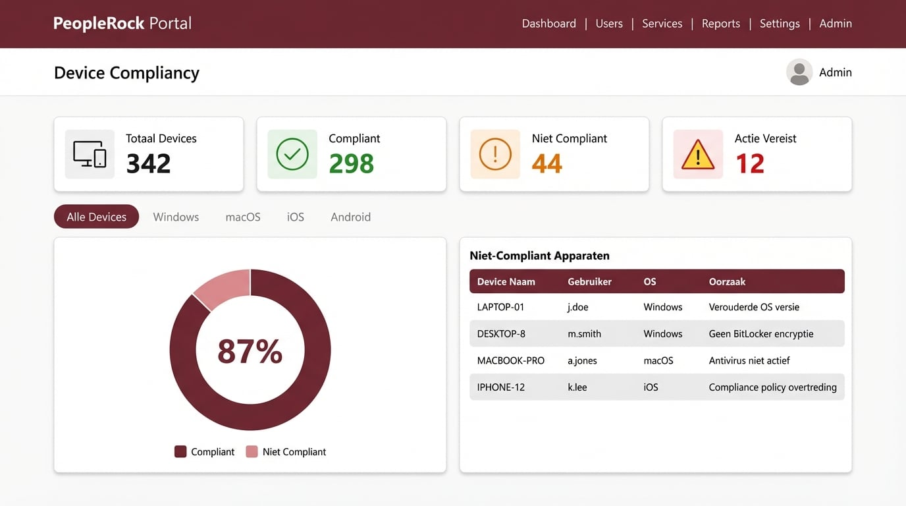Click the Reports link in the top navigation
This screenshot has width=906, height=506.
click(720, 24)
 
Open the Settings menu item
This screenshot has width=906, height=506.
click(779, 24)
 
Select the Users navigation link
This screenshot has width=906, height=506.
click(608, 24)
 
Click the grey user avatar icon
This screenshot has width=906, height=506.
click(799, 72)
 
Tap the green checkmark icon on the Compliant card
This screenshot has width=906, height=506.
click(292, 154)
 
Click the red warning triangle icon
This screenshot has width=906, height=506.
click(698, 155)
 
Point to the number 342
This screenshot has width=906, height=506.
click(148, 164)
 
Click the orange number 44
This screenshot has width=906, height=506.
click(546, 164)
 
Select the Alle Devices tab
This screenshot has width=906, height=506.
click(96, 217)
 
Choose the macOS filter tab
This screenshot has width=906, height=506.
click(243, 217)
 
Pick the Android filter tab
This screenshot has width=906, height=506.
click(350, 217)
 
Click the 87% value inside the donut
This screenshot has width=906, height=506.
click(250, 351)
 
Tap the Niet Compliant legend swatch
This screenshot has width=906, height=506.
click(252, 452)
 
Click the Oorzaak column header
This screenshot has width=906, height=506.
click(727, 281)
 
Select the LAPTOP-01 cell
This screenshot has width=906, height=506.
click(500, 307)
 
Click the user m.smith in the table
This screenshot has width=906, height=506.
click(584, 334)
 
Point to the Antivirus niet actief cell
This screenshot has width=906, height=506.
click(749, 360)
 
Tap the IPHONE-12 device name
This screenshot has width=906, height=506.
click(500, 387)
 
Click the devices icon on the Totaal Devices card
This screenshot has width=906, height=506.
click(90, 154)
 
